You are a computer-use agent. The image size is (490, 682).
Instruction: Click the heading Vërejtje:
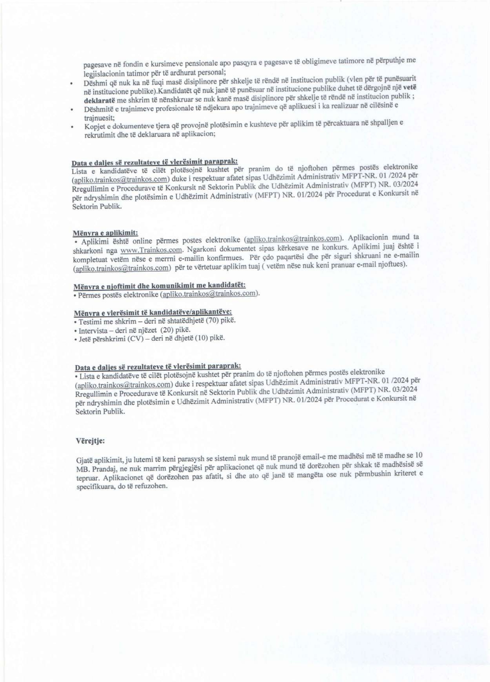pos(90,440)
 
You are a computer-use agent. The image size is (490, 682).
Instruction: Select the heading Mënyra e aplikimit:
pos(106,233)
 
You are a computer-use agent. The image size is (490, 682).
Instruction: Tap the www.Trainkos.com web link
pos(152,250)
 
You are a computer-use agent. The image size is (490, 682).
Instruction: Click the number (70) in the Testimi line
pos(213,320)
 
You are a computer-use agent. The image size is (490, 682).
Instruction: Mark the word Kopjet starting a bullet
pos(93,126)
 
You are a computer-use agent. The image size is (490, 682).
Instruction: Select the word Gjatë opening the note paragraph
pos(84,459)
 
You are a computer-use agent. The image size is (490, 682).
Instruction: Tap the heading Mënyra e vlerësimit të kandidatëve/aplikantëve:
pos(153,312)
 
